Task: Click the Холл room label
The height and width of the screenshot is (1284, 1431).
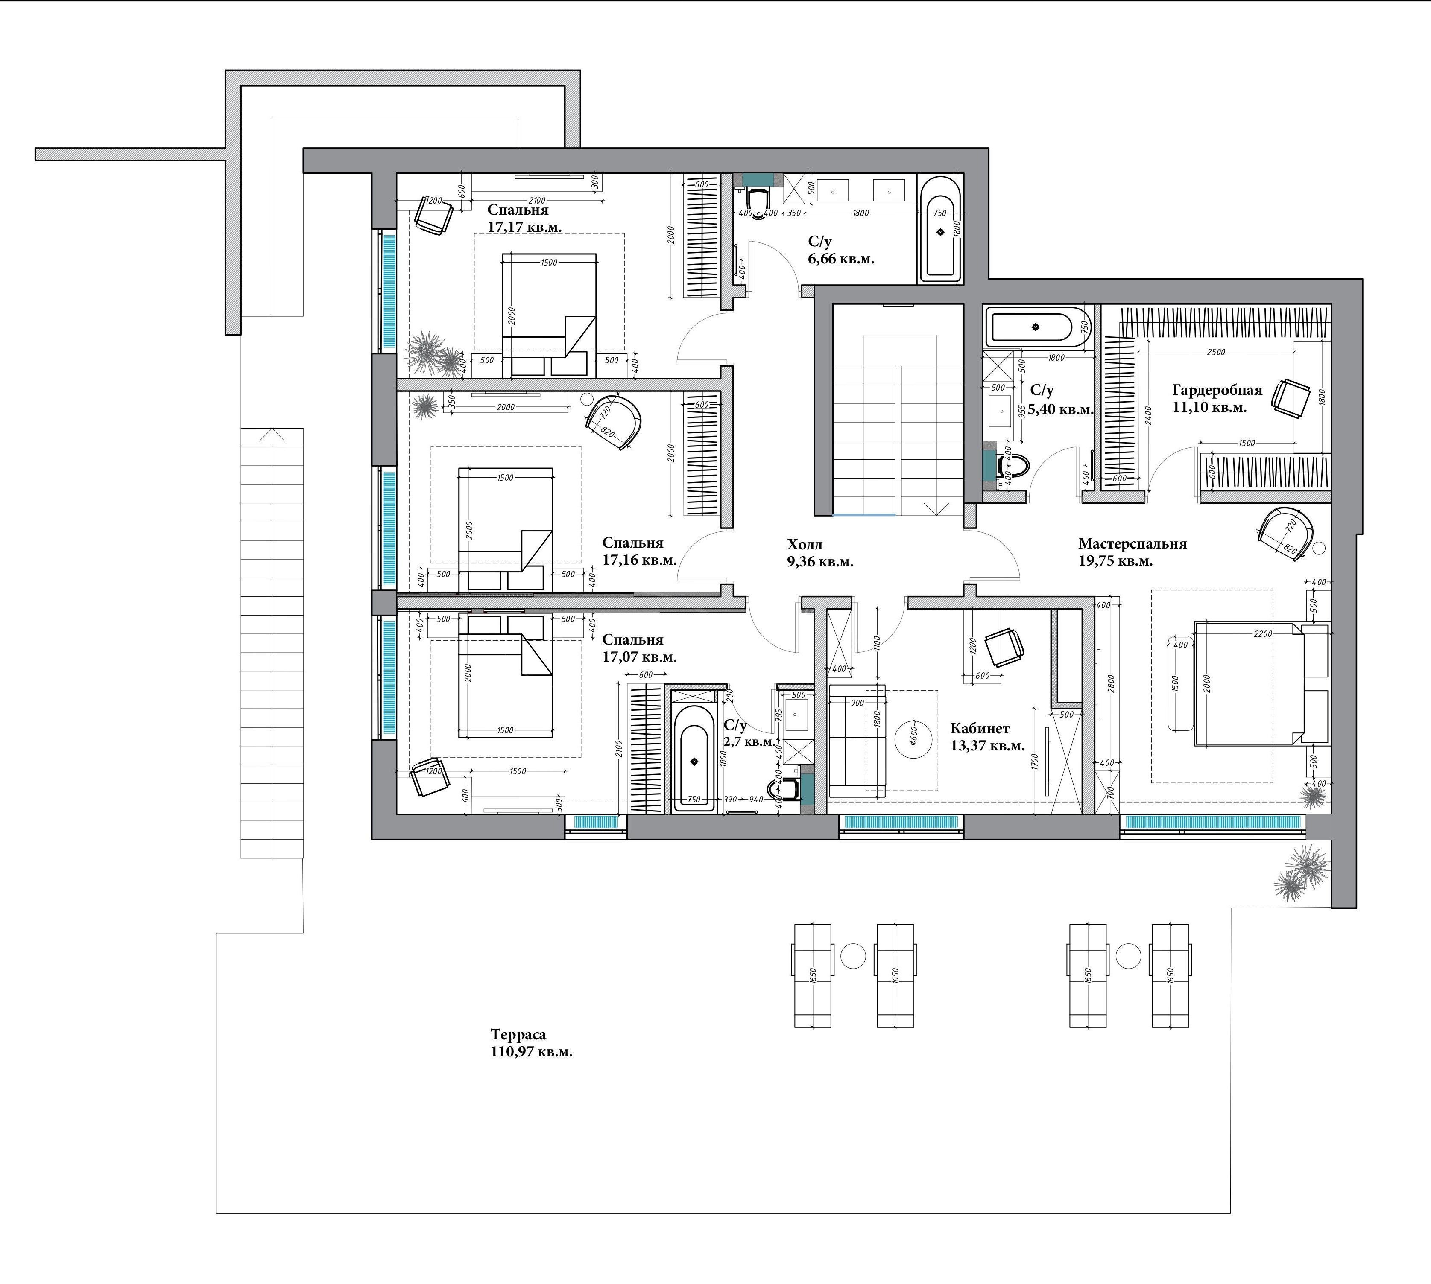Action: pyautogui.click(x=805, y=545)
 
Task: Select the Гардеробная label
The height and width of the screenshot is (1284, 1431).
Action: pyautogui.click(x=1217, y=390)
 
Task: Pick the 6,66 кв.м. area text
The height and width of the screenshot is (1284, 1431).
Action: pyautogui.click(x=841, y=259)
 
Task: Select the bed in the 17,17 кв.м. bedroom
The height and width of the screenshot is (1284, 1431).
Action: pyautogui.click(x=549, y=315)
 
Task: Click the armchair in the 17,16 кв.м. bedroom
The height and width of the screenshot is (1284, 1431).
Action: pyautogui.click(x=614, y=422)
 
